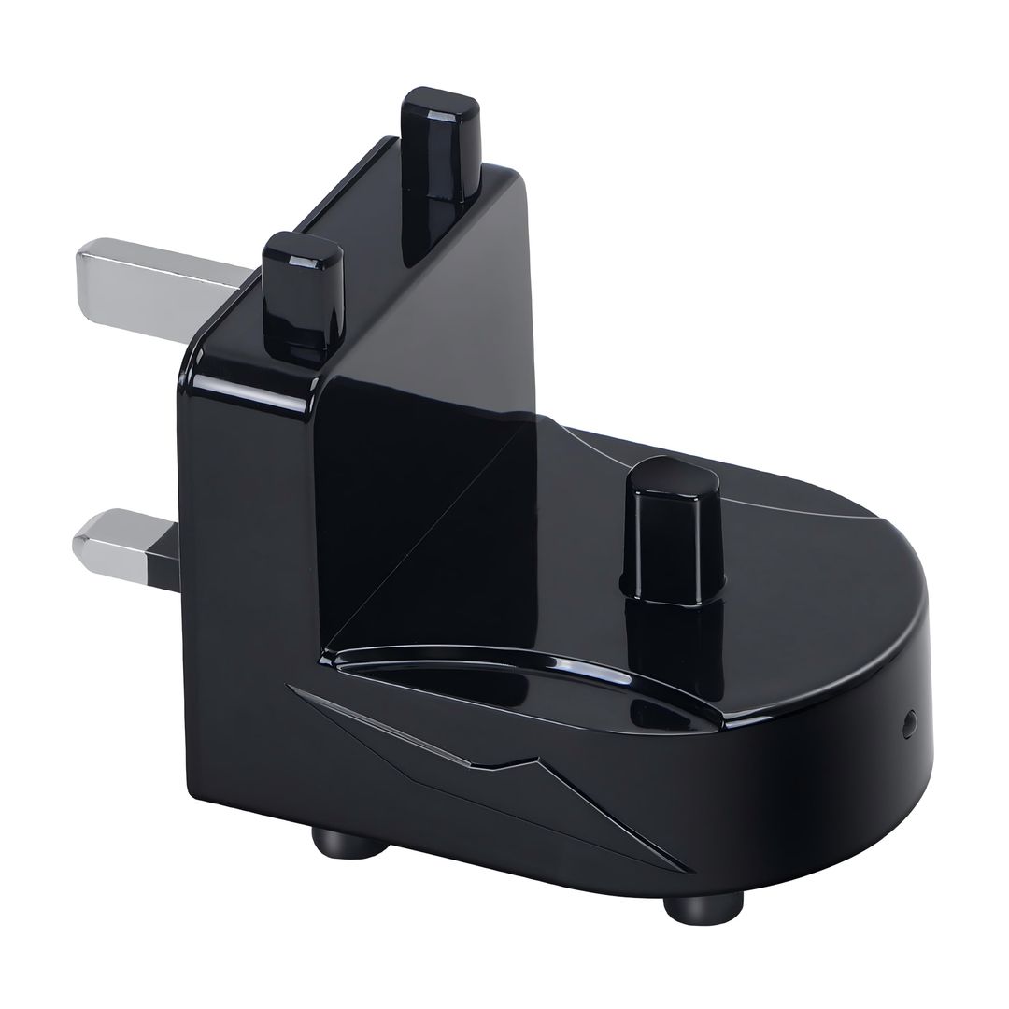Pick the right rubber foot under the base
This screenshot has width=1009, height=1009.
click(x=703, y=904)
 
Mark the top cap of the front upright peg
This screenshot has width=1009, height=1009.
click(x=301, y=249)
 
